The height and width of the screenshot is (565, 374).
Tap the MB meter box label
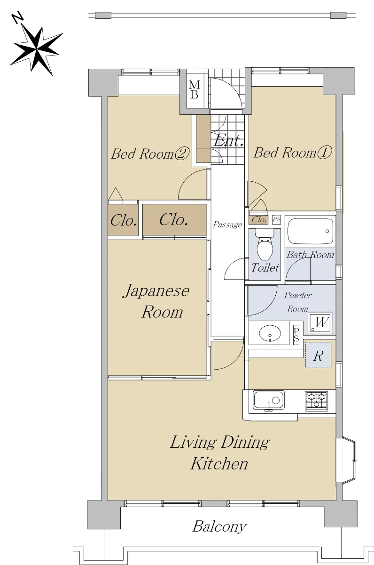(195, 89)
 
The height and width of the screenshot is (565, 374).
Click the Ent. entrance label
(229, 140)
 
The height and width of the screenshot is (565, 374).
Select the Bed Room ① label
(292, 153)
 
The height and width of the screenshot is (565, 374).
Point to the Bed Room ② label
(150, 153)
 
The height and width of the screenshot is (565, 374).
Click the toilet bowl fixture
(265, 244)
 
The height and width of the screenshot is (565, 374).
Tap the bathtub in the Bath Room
(310, 231)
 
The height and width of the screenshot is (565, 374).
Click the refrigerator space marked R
(319, 355)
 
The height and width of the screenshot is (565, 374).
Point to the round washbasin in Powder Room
(270, 333)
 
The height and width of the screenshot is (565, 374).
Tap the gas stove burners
(316, 401)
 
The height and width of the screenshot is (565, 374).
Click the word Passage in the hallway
(227, 225)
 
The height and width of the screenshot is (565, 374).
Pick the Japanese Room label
(156, 301)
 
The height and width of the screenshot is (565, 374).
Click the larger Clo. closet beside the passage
(175, 220)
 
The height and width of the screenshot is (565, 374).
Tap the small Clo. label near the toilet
(259, 219)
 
